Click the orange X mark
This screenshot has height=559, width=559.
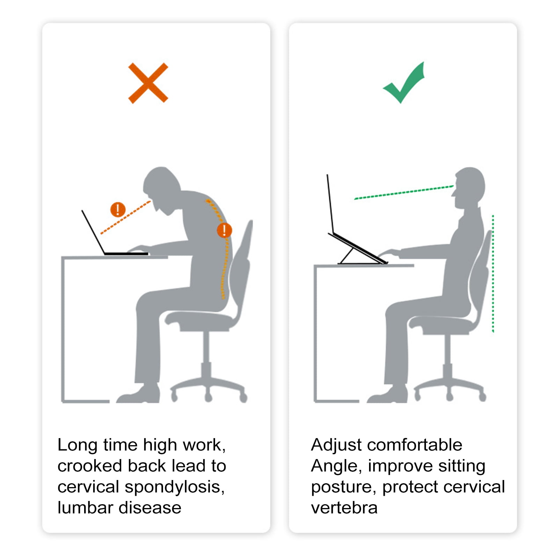click(148, 83)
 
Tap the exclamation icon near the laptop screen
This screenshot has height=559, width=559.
click(118, 209)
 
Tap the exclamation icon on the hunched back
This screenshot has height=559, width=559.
click(224, 230)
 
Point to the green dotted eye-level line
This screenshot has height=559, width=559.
click(404, 192)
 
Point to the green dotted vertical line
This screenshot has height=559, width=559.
click(493, 274)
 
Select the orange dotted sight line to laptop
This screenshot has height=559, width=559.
click(126, 217)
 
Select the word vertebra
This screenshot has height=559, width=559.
click(344, 508)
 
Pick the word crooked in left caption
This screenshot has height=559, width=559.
click(90, 466)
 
